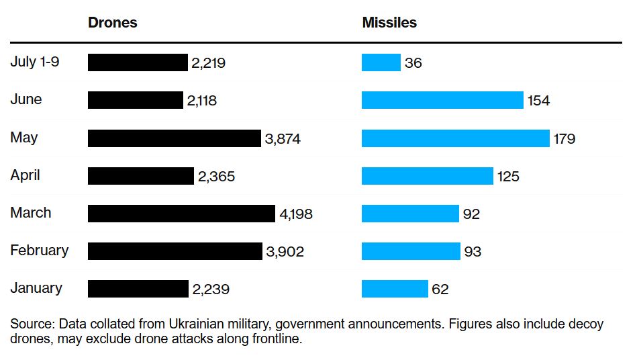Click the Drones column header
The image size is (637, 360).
tap(112, 22)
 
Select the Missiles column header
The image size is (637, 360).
tap(389, 22)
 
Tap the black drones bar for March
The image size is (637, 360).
tap(181, 214)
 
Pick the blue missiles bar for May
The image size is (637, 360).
tap(455, 138)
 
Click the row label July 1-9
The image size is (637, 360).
tap(35, 62)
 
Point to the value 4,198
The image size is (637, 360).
tap(296, 214)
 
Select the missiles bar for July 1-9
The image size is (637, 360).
tap(381, 63)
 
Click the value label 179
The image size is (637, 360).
tap(565, 139)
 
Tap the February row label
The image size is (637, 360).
tap(39, 251)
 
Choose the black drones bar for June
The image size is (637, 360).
tap(135, 101)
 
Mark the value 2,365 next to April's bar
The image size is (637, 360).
tap(216, 177)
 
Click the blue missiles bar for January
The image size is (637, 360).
tap(395, 289)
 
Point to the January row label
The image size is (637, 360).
tap(36, 288)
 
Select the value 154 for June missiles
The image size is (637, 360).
tap(538, 101)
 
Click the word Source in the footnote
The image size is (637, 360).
tap(32, 324)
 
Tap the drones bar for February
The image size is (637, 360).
tap(175, 251)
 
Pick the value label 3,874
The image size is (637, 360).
tap(283, 139)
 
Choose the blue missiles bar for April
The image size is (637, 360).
tap(427, 176)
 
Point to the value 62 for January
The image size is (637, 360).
tap(440, 289)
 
